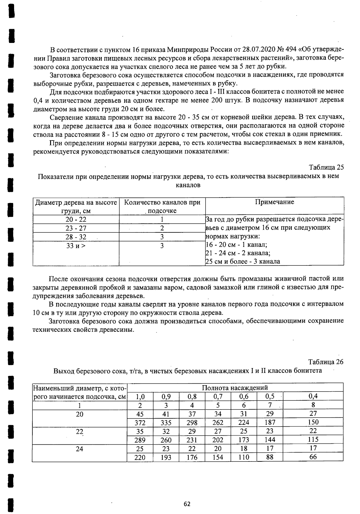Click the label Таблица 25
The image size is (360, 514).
tap(326, 167)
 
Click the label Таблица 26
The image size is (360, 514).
tap(325, 362)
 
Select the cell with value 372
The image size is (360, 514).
tap(140, 423)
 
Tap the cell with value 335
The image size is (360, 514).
tap(166, 423)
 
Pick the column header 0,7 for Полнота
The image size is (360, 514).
tap(218, 396)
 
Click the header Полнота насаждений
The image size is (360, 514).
tap(235, 388)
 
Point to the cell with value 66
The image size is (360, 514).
tap(313, 458)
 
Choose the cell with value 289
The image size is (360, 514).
tap(140, 440)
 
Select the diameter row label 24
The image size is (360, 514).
tap(79, 449)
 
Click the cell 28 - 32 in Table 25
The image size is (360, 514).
tap(76, 237)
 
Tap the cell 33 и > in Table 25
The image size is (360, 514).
tap(76, 246)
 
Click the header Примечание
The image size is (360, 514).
tap(274, 202)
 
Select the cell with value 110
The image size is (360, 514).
tap(244, 458)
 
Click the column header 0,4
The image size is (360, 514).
tap(313, 396)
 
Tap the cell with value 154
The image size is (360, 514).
tap(218, 458)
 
